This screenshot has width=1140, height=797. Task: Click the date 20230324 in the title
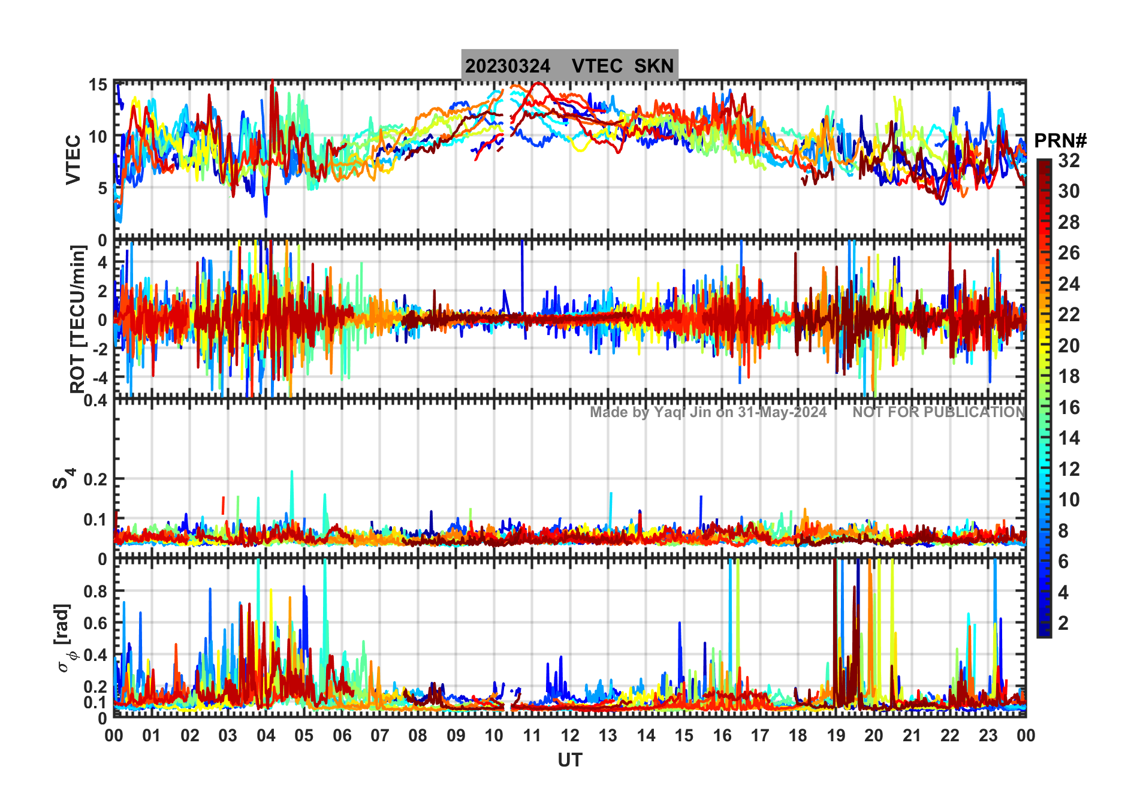click(x=507, y=66)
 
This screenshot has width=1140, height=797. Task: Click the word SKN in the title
click(x=654, y=66)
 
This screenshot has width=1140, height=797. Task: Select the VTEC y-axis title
click(x=73, y=159)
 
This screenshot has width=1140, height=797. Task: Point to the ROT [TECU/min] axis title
click(x=78, y=319)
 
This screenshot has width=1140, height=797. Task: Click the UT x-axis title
click(x=569, y=760)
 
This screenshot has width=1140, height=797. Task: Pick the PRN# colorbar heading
click(x=1060, y=141)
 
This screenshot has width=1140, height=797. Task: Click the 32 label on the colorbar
click(x=1069, y=161)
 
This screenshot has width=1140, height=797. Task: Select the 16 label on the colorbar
click(x=1069, y=407)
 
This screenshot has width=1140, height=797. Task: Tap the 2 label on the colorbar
click(x=1063, y=623)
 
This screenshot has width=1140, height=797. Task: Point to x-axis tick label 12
click(x=569, y=735)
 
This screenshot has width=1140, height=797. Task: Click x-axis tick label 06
click(x=342, y=735)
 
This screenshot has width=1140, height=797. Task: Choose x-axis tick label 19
click(x=836, y=735)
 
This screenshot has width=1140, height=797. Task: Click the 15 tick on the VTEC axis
click(x=98, y=85)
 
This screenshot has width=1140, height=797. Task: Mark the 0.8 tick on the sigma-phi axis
click(x=96, y=591)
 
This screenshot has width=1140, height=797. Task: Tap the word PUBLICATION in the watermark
click(x=974, y=412)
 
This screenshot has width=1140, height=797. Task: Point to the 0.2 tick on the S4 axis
click(x=95, y=479)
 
